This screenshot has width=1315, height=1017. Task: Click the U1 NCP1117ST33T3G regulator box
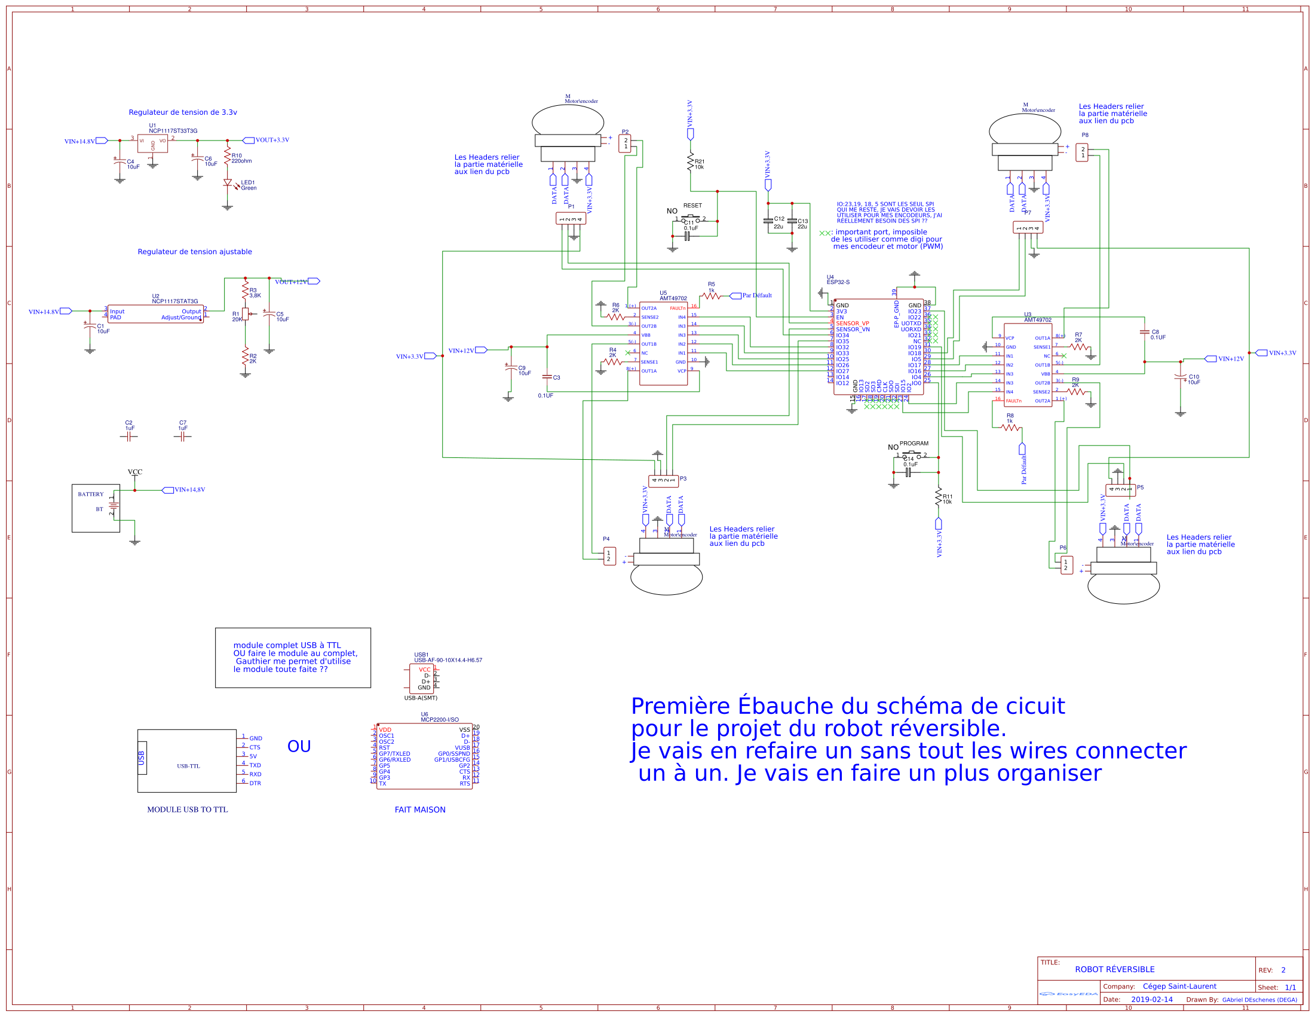coord(152,143)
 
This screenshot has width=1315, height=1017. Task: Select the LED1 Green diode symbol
coord(228,182)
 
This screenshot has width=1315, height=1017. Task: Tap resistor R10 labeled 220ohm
coord(227,157)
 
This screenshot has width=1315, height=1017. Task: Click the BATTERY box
coord(96,508)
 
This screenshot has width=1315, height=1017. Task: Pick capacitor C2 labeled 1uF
coord(128,437)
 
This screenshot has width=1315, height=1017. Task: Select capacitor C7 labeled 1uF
coord(182,437)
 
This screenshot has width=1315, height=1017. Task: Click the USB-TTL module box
coord(186,761)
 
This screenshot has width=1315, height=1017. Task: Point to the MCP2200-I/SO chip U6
coord(424,756)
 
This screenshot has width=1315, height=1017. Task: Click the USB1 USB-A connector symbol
coord(421,679)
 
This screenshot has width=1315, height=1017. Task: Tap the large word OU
coord(299,746)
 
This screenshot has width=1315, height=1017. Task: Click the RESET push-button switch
coord(690,219)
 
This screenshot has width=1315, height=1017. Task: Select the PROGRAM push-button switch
coord(911,455)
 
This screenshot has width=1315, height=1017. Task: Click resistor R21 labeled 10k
coord(691,163)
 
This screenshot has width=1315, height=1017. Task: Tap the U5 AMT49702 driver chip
coord(663,343)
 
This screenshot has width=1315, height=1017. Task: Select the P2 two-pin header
coord(625,143)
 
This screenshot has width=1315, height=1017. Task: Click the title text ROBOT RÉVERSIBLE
coord(1114,969)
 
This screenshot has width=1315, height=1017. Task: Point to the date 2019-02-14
coord(1151,1000)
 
